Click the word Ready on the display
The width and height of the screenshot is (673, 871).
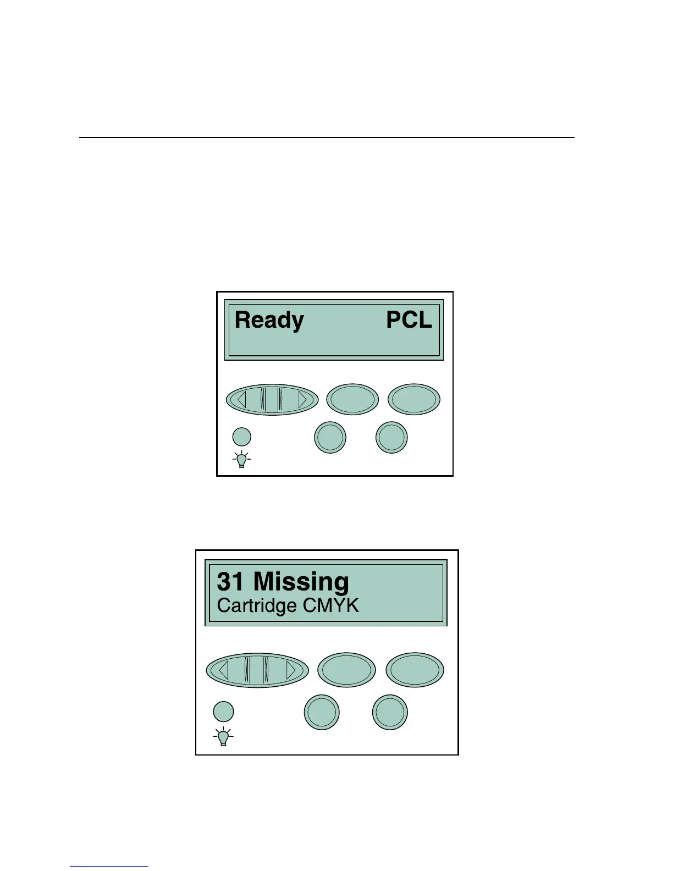coord(269,321)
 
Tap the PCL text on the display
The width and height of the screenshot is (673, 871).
coord(409,320)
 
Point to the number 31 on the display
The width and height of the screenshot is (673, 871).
coord(230,582)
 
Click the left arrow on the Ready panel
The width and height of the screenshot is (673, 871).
coord(242,399)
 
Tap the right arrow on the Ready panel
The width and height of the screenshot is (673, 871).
coord(302,399)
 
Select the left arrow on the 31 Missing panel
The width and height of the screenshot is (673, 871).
coord(223,670)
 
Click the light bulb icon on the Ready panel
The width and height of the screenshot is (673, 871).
coord(241,459)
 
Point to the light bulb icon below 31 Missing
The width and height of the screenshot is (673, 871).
coord(223,737)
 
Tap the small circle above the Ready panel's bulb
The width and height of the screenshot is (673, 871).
coord(241,437)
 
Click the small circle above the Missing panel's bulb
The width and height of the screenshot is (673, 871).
coord(223,712)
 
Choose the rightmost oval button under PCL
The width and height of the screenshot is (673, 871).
coord(414,399)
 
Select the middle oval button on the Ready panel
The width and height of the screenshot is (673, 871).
coord(352,399)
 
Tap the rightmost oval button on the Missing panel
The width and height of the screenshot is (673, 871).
coord(415,670)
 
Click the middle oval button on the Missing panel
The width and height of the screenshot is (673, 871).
coord(346,670)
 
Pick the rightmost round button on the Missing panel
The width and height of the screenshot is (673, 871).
coord(390,713)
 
